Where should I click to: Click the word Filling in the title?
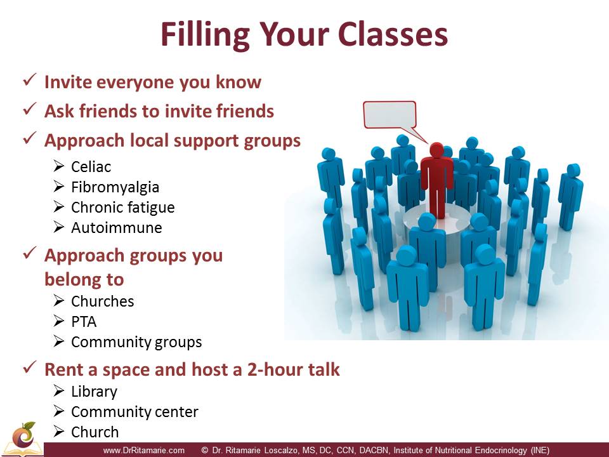205,36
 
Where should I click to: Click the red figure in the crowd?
437,180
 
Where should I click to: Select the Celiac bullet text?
91,167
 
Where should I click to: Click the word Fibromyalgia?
115,187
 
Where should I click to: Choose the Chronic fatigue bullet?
122,208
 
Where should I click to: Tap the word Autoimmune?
117,228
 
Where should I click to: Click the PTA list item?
84,322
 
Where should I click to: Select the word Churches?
103,301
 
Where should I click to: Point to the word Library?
94,392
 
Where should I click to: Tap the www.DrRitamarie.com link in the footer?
144,451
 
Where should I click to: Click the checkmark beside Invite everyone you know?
30,80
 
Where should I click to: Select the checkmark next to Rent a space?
30,367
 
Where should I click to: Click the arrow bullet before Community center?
58,411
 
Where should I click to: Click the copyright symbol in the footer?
205,451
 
